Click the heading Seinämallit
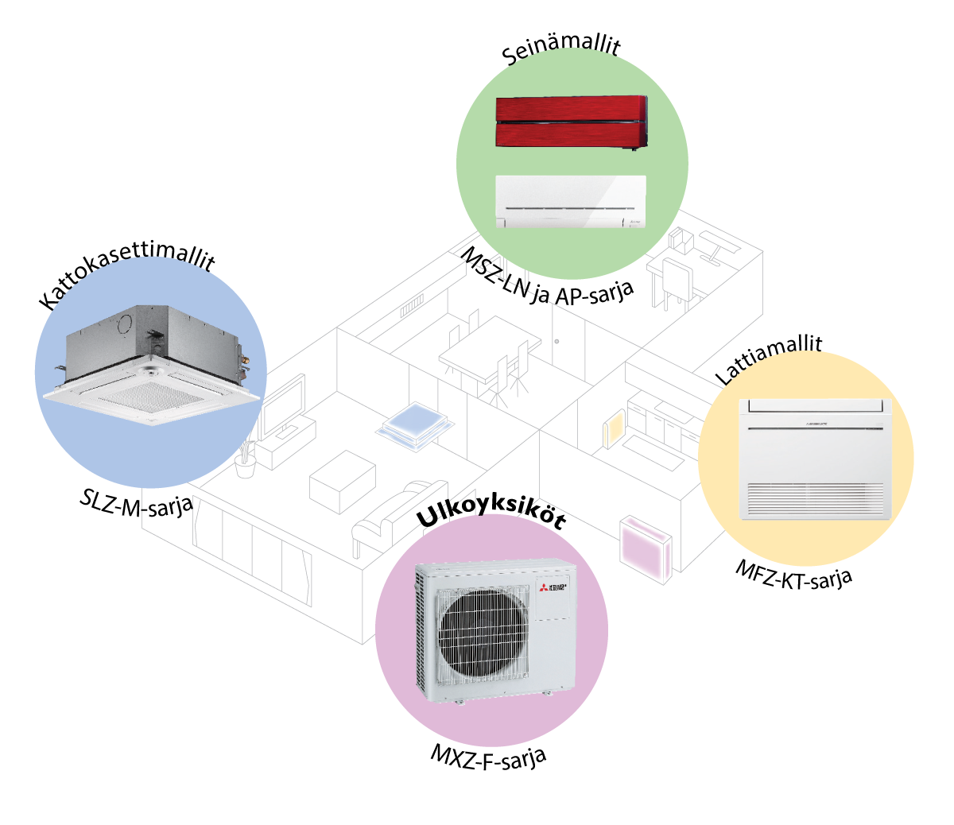coord(560,50)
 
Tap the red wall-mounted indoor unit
coord(572,122)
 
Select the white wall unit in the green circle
coord(571,202)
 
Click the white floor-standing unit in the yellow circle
coord(815,459)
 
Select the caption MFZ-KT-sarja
coord(793,575)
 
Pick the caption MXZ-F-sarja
coord(488,758)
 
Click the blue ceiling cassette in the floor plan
coord(414,426)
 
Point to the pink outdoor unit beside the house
coord(646,549)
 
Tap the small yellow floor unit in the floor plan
coord(615,429)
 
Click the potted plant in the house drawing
coord(246,459)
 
